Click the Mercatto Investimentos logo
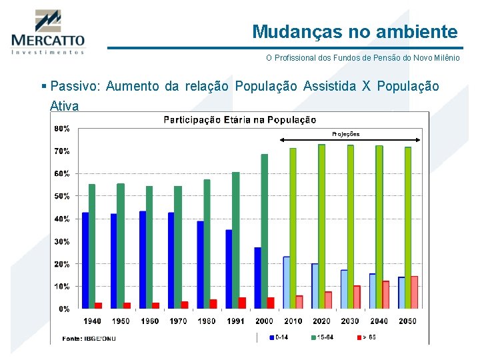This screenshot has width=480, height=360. pos(47,32)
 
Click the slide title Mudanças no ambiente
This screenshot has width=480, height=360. pos(355,31)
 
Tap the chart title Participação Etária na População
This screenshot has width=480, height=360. pos(240,120)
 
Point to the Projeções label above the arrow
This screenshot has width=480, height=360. pos(345,134)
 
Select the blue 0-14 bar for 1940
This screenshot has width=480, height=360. pos(85,260)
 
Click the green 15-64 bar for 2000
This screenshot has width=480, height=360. pos(265,231)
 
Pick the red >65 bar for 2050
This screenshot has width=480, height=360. pos(414,292)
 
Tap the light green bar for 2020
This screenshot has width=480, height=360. pos(322,227)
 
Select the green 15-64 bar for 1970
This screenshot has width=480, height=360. pos(178,247)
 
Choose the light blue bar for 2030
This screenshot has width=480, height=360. pos(344,289)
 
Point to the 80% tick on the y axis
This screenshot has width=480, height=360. pos(61,128)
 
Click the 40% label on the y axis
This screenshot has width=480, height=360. pos(61,219)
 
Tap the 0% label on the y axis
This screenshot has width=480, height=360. pos(63,309)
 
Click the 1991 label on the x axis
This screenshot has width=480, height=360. pos(235,321)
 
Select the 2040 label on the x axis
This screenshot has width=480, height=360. pos(379,321)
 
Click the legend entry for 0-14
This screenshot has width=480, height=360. pos(279,337)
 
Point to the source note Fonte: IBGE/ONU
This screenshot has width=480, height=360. pos(89,338)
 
